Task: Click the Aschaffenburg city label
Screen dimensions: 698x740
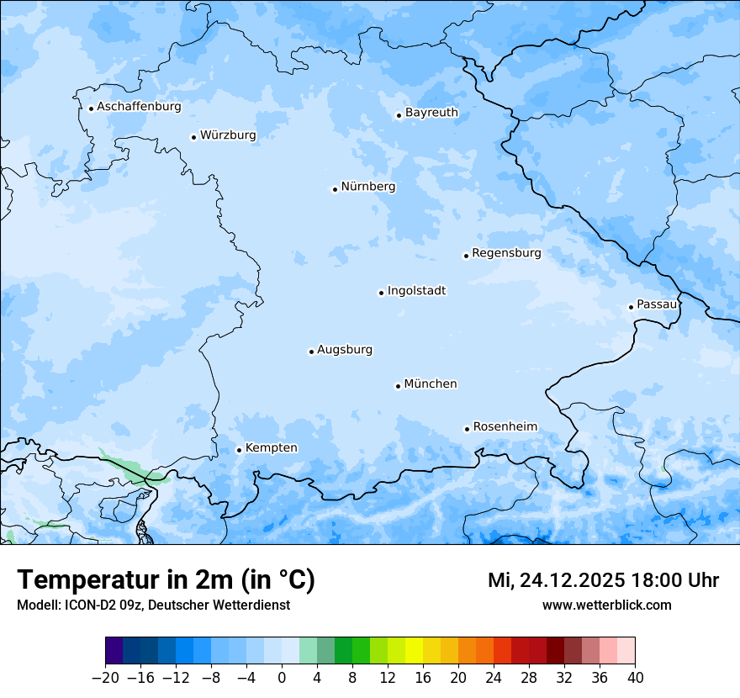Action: (139, 107)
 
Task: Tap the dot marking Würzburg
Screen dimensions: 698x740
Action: (193, 137)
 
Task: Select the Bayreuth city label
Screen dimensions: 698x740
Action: (431, 112)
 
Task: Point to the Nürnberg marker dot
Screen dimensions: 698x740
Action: (335, 189)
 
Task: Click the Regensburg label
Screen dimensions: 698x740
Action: (506, 252)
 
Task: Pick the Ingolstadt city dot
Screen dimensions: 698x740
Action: (381, 293)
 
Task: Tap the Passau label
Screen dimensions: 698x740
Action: (656, 304)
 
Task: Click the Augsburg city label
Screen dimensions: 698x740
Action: (345, 349)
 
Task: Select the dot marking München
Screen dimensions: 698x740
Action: (398, 386)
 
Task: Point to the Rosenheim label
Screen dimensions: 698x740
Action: (505, 426)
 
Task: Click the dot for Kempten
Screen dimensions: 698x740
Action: (239, 450)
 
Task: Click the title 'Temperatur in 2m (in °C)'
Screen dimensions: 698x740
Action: (166, 580)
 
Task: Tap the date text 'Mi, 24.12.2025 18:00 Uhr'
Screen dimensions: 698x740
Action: (603, 580)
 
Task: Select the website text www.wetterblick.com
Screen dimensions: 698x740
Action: (606, 605)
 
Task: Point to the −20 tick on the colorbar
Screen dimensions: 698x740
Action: (106, 678)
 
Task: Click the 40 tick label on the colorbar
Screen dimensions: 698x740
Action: (635, 678)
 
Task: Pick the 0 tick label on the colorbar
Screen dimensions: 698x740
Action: (282, 678)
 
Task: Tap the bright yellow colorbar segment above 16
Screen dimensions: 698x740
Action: (414, 651)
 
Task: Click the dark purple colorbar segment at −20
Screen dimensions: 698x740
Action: (114, 651)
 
